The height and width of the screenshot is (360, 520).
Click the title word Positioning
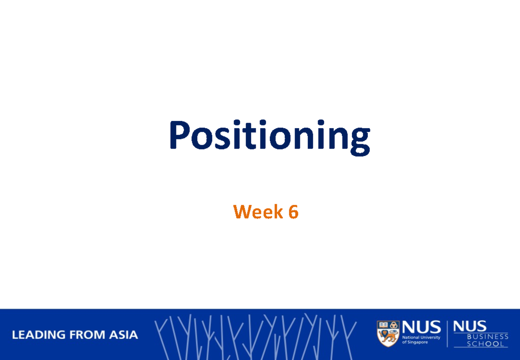269,136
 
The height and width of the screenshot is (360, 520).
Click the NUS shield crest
388,334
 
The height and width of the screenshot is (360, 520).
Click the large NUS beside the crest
421,328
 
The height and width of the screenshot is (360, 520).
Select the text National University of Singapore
421,340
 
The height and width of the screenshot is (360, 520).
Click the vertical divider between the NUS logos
447,334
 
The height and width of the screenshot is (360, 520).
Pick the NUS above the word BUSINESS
470,326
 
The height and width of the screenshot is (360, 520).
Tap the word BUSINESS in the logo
487,336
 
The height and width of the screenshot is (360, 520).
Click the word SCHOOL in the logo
485,344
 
